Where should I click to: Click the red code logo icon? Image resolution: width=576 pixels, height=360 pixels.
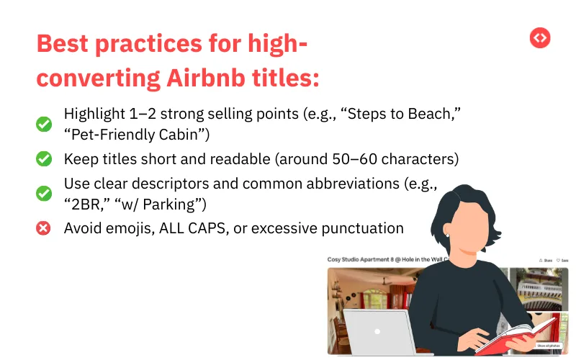coord(540,38)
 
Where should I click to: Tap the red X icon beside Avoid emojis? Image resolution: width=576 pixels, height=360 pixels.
coord(44,228)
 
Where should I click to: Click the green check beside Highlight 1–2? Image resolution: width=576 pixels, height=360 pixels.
coord(44,125)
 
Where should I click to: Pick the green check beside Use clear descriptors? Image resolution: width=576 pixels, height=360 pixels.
coord(44,194)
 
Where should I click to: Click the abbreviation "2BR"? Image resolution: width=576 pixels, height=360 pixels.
coord(84,205)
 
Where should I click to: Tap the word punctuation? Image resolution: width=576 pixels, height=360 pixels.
coord(364,228)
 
